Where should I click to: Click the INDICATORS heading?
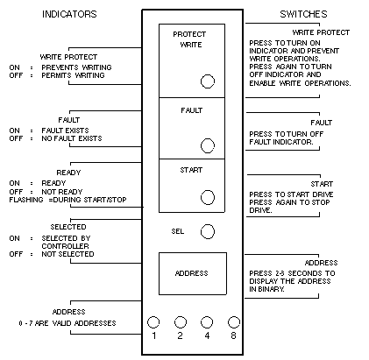click(x=69, y=14)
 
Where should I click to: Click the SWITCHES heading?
click(x=303, y=14)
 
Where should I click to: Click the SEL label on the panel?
click(x=178, y=231)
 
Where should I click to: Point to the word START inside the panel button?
click(x=191, y=170)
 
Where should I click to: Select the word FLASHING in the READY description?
click(x=26, y=200)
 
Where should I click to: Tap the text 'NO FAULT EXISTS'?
click(x=72, y=138)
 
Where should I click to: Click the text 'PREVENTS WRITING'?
click(x=76, y=67)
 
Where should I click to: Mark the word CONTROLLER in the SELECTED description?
click(x=65, y=246)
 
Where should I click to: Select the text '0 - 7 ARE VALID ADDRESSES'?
click(x=67, y=323)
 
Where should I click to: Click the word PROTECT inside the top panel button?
click(x=189, y=34)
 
